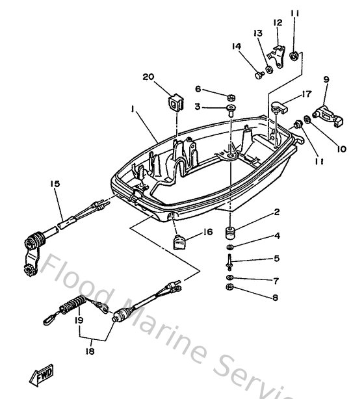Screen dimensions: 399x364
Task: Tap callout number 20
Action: point(148,77)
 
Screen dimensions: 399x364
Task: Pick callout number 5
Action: point(276,258)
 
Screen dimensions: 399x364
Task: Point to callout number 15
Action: point(55,184)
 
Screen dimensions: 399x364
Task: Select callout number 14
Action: point(236,45)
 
